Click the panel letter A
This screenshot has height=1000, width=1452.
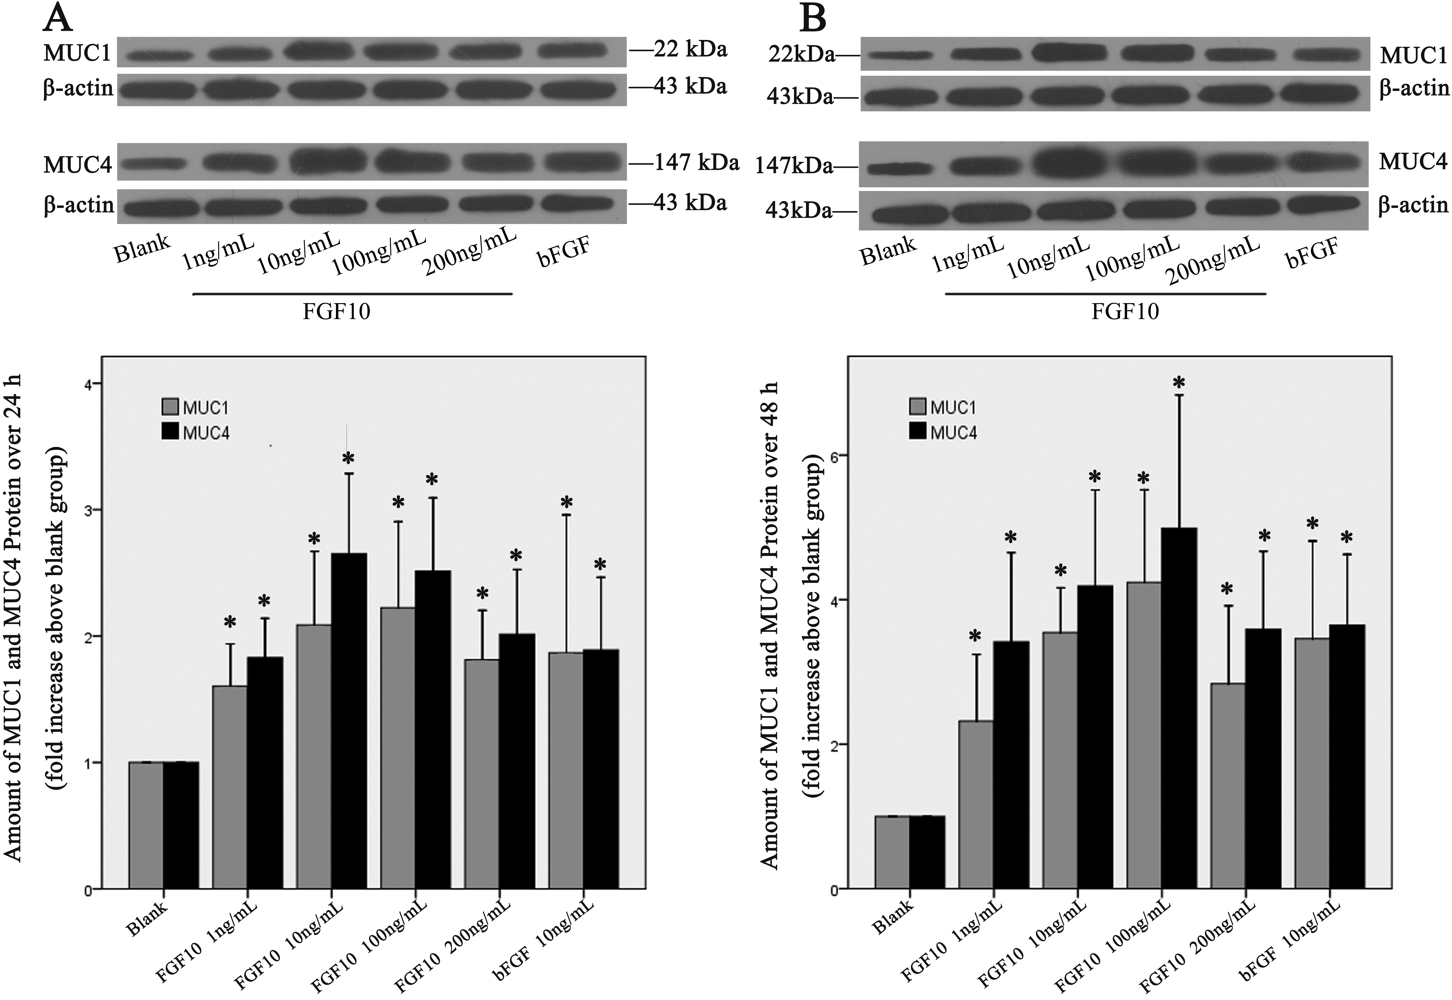[58, 19]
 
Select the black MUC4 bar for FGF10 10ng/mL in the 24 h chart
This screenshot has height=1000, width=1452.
[349, 721]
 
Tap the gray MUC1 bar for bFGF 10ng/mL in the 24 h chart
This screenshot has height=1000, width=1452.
[566, 771]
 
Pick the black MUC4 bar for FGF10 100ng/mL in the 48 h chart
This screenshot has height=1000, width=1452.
[1179, 708]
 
